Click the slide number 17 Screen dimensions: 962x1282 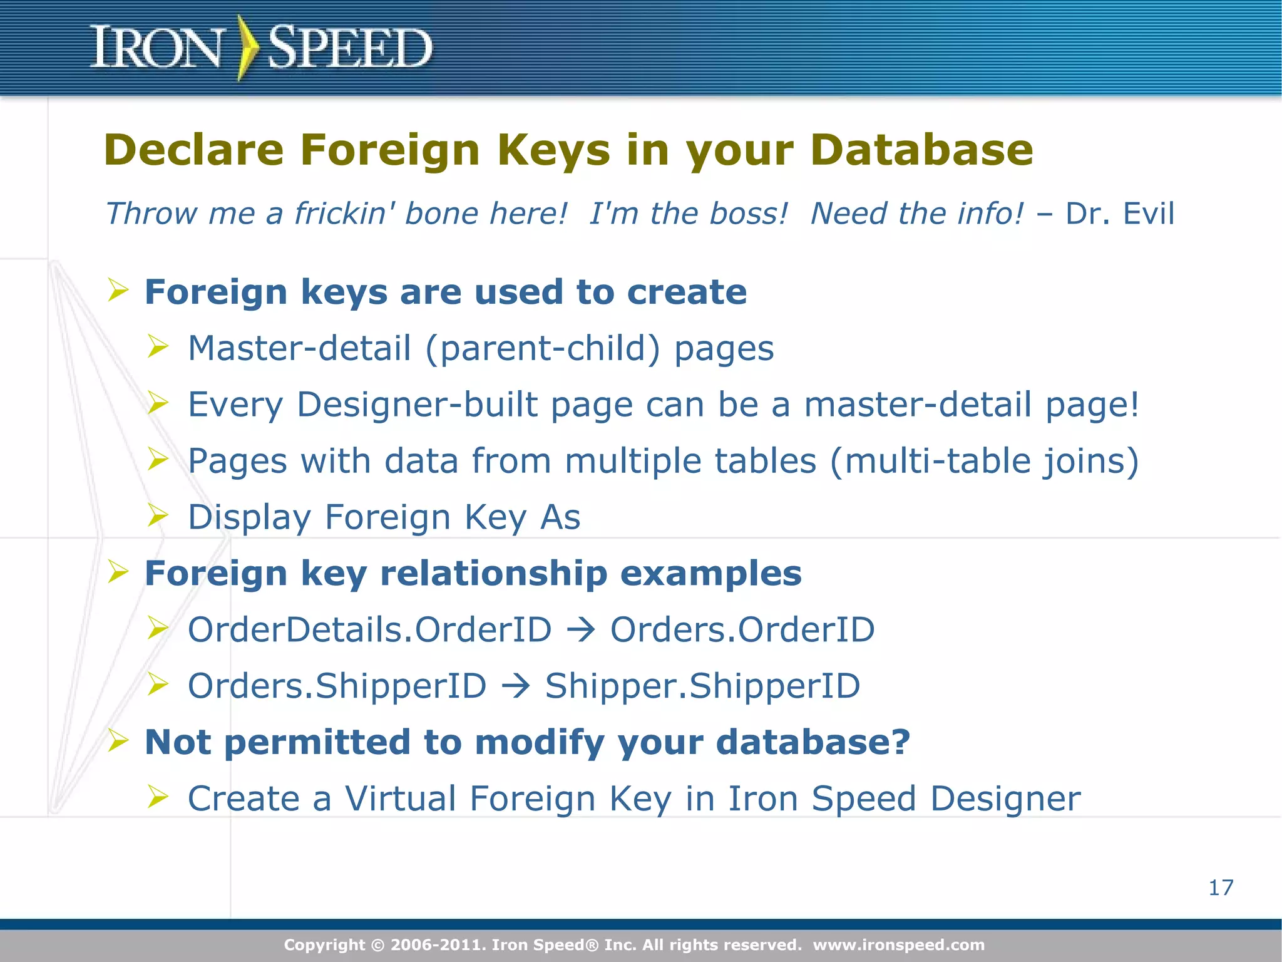point(1221,887)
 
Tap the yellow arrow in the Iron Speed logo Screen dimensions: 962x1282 point(247,48)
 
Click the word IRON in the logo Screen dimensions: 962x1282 point(156,48)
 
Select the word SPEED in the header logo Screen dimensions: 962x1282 point(350,48)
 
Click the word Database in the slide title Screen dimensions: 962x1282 point(921,150)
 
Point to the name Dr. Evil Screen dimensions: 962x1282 point(1120,214)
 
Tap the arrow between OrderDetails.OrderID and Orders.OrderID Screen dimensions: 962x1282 point(581,630)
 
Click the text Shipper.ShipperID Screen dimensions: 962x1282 point(702,686)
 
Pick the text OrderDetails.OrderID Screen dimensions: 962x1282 point(369,629)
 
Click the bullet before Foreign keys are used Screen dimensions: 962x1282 point(118,291)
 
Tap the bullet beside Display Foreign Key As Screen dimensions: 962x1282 point(158,515)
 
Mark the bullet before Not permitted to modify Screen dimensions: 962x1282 point(118,741)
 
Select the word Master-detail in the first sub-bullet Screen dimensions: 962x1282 point(299,348)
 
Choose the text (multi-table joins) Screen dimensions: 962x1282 point(984,462)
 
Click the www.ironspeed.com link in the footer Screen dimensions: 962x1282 point(898,944)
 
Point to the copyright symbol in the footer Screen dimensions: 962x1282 point(377,945)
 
